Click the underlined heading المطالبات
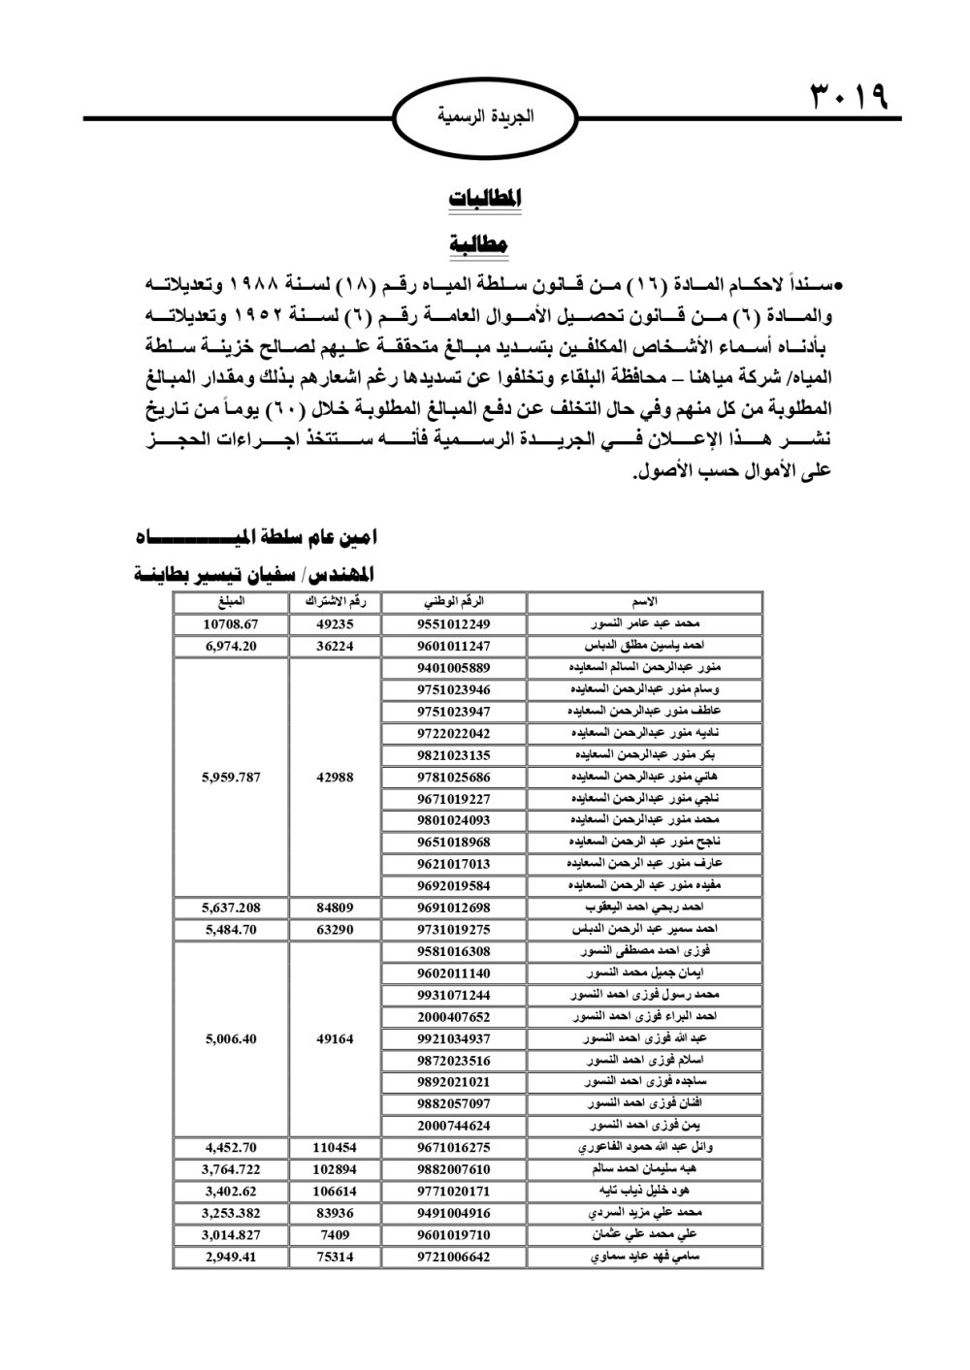[x=485, y=198]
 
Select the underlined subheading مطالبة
[x=479, y=242]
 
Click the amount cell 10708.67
[x=231, y=624]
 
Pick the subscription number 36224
[x=335, y=646]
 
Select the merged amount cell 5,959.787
[x=231, y=777]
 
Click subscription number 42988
[x=335, y=777]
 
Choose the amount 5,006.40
[x=231, y=1038]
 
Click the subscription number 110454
[x=335, y=1148]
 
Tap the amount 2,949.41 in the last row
[x=231, y=1257]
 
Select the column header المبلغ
[x=231, y=602]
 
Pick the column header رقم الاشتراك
[x=335, y=602]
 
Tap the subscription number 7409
[x=335, y=1235]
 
